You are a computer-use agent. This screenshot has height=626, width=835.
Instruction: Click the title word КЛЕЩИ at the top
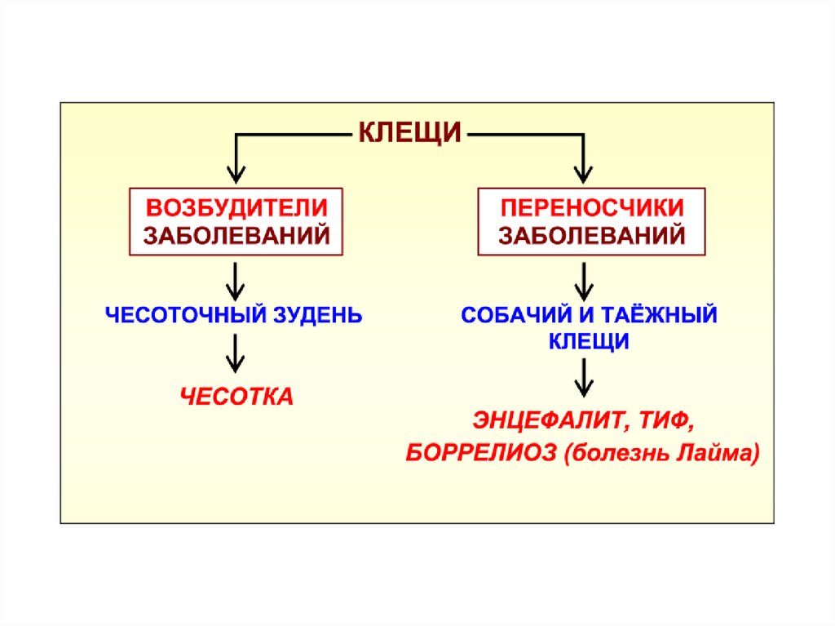(x=410, y=131)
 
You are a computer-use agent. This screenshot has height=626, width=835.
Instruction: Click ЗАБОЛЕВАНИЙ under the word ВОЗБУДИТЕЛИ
(x=236, y=236)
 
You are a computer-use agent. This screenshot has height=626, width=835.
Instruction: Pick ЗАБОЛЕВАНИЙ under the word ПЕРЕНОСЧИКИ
(x=591, y=236)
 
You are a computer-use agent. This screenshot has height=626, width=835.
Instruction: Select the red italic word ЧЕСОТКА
(x=236, y=397)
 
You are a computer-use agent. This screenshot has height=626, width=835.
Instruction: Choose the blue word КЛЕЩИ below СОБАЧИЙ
(x=587, y=342)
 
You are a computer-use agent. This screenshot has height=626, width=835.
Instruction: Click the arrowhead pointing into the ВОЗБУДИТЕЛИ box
(x=236, y=173)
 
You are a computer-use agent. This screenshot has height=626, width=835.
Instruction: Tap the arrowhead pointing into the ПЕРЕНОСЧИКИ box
(x=581, y=173)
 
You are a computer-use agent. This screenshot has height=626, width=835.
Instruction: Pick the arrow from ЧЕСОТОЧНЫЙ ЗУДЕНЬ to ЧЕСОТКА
(x=236, y=356)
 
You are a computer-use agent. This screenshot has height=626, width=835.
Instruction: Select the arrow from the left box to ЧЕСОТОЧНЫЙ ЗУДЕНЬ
(x=236, y=281)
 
